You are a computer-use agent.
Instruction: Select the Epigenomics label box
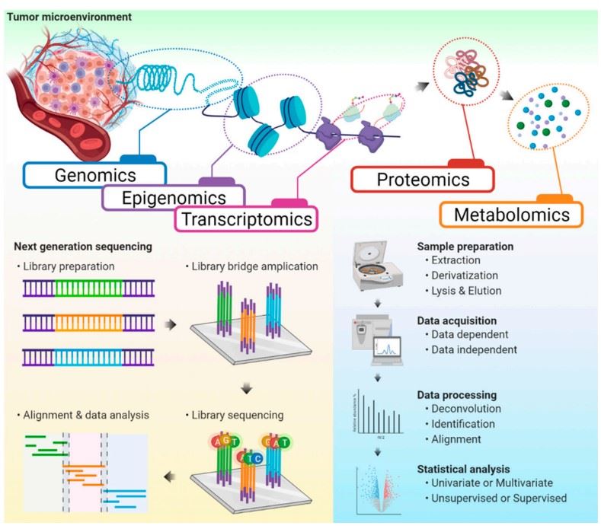[174, 198]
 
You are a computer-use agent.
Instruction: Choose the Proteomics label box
[424, 180]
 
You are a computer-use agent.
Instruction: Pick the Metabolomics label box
[511, 215]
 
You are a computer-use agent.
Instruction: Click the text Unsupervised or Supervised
[502, 499]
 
